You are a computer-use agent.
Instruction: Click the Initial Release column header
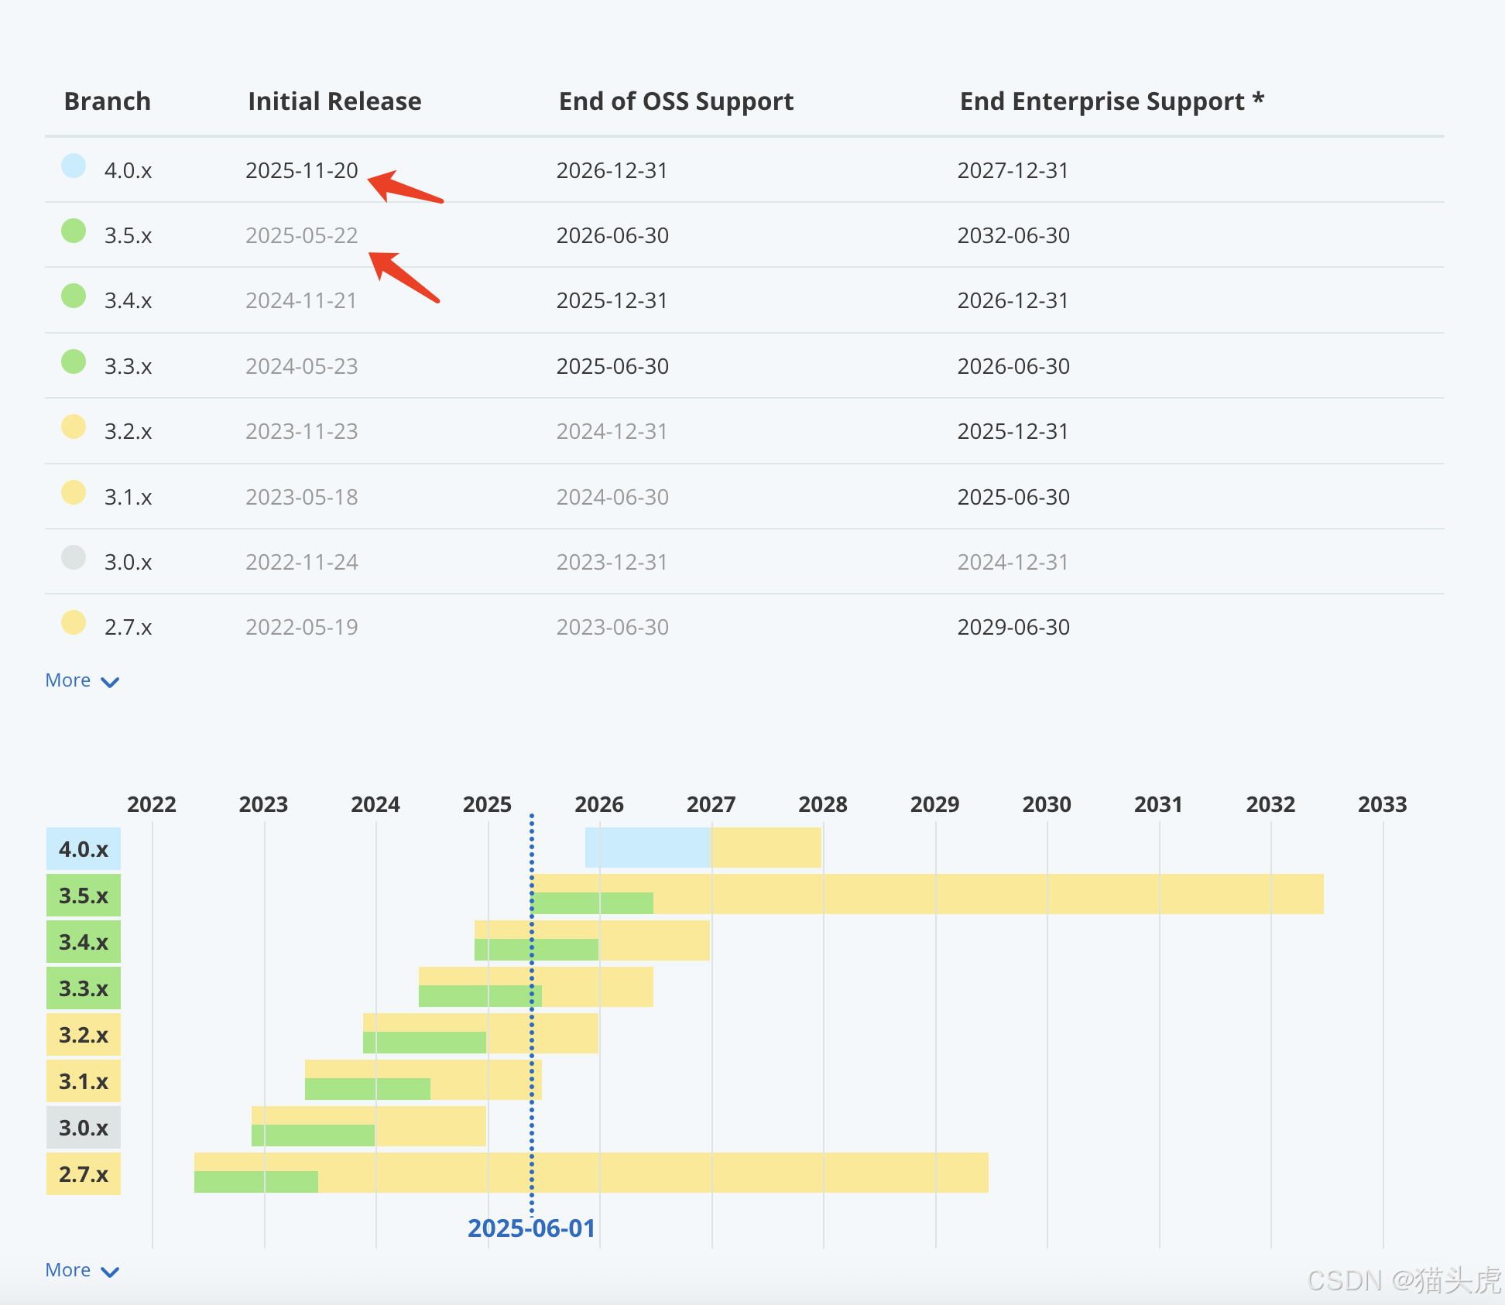click(334, 101)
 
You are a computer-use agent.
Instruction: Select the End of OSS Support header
click(676, 101)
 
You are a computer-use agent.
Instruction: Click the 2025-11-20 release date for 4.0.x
click(301, 170)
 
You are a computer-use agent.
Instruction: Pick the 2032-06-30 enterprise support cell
click(1013, 235)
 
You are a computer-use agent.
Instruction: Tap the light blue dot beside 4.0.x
click(74, 166)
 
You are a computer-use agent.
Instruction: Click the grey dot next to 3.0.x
click(74, 557)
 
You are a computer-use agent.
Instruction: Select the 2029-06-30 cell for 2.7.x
click(1013, 627)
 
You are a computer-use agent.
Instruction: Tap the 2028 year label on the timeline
click(822, 804)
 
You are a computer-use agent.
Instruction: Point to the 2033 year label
click(1382, 804)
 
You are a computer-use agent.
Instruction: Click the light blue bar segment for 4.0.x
click(647, 848)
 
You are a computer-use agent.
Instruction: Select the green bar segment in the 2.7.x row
click(255, 1182)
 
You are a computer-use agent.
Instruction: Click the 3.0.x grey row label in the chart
click(84, 1128)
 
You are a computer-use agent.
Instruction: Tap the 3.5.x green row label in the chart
click(84, 896)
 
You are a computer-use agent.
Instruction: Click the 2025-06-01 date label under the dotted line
click(531, 1228)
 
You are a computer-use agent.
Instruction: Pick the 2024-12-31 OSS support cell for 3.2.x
click(612, 431)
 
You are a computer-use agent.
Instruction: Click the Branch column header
click(107, 101)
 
